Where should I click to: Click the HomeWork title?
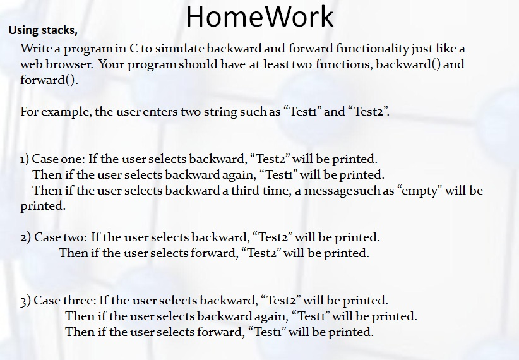coord(259,17)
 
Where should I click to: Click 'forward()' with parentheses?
coord(48,80)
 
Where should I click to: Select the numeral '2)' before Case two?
coord(26,237)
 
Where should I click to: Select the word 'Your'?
coord(111,64)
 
